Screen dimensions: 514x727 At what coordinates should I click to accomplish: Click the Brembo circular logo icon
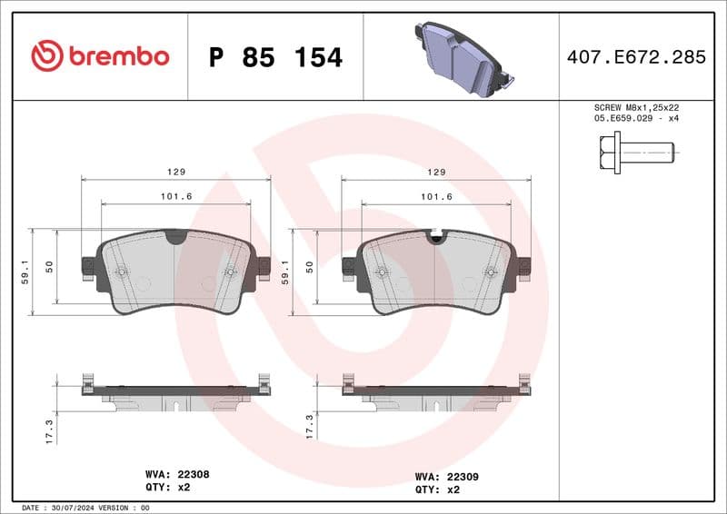pyautogui.click(x=47, y=56)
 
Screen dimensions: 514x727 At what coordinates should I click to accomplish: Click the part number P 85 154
pyautogui.click(x=275, y=57)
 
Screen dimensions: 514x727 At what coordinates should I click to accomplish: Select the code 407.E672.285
pyautogui.click(x=636, y=57)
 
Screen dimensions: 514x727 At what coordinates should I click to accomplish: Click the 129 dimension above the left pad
pyautogui.click(x=176, y=173)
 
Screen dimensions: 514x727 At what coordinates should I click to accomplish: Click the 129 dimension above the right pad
pyautogui.click(x=436, y=173)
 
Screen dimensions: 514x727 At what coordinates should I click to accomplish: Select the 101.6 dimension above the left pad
pyautogui.click(x=176, y=197)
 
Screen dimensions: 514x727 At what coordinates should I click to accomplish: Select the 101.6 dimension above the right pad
pyautogui.click(x=436, y=197)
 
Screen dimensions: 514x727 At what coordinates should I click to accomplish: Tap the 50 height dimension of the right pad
pyautogui.click(x=310, y=267)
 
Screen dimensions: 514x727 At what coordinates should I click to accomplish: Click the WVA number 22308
pyautogui.click(x=193, y=474)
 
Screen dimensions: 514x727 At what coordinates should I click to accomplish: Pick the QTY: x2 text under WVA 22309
pyautogui.click(x=438, y=489)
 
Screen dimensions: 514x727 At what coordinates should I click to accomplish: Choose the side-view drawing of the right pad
pyautogui.click(x=436, y=392)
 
